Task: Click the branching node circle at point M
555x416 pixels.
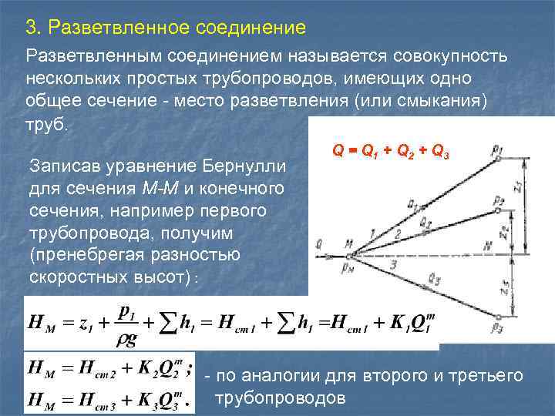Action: (x=350, y=255)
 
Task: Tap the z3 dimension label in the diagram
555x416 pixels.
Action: (x=526, y=284)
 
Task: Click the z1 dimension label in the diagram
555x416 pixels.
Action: (x=526, y=185)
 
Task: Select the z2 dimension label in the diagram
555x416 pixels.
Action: (x=526, y=230)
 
